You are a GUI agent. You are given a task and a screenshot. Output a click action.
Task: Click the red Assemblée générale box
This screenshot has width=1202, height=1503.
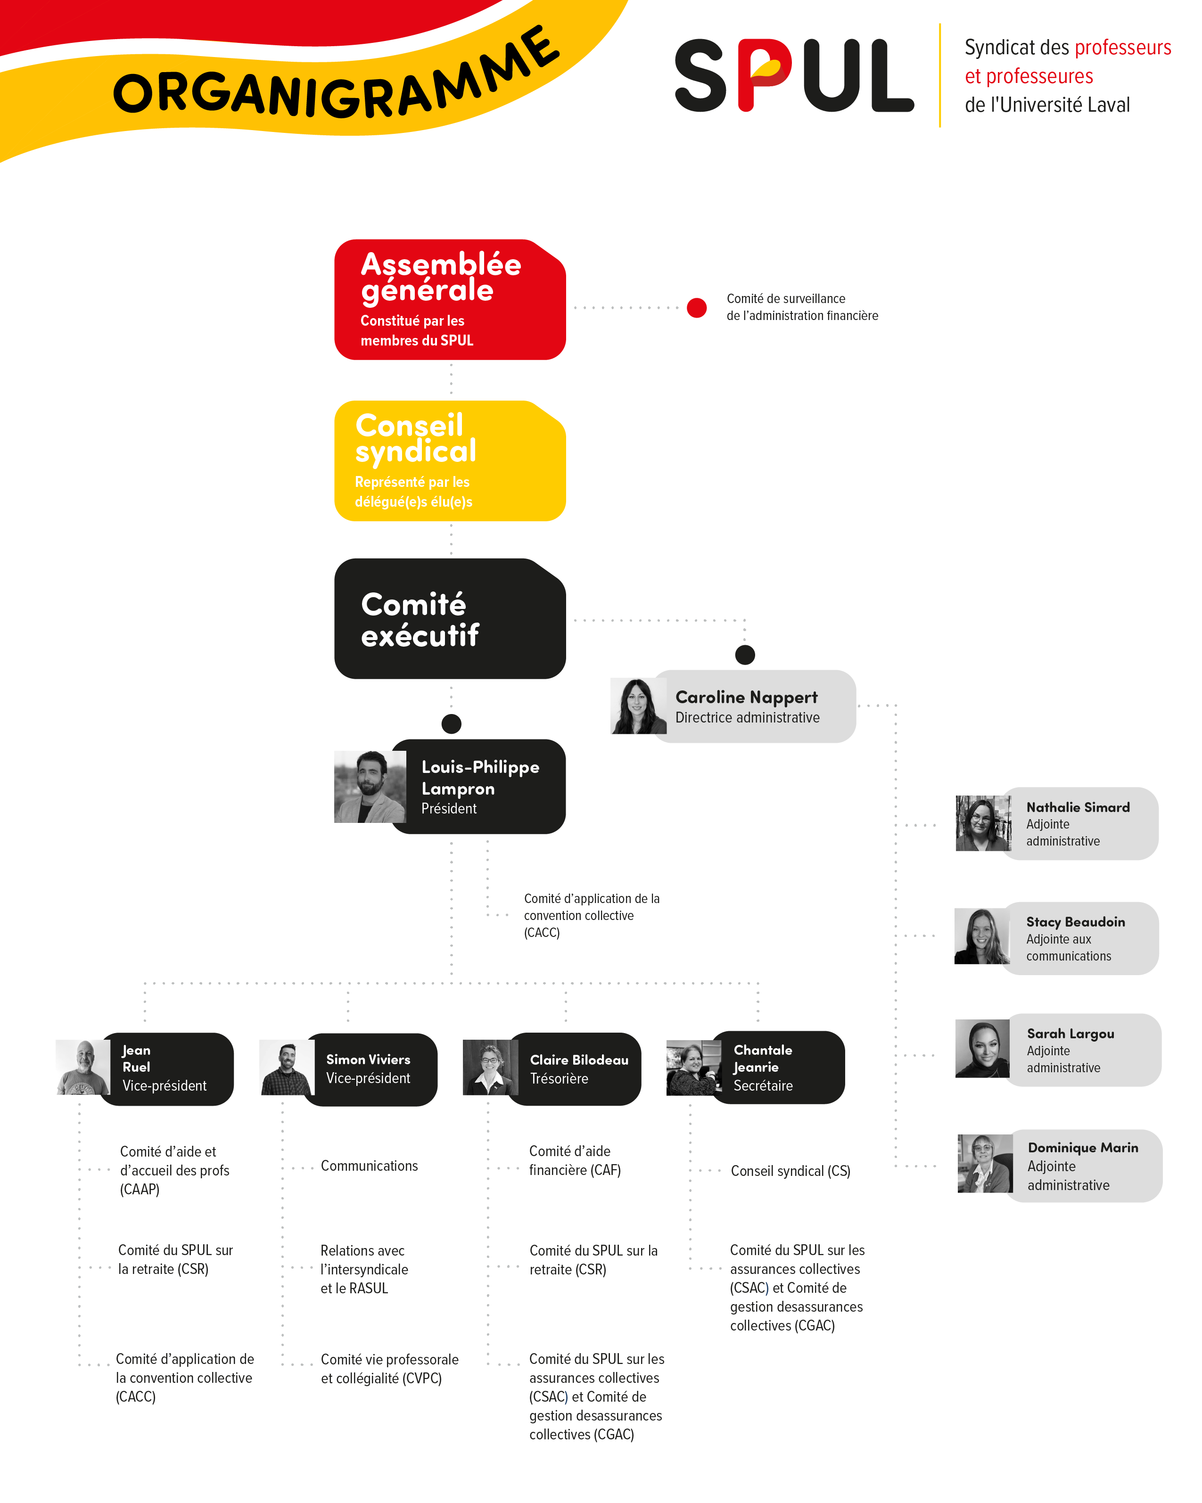[450, 300]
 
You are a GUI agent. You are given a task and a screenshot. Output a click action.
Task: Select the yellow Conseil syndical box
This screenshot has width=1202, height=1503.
[450, 461]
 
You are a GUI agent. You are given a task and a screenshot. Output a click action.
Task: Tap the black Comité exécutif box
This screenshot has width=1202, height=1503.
[450, 618]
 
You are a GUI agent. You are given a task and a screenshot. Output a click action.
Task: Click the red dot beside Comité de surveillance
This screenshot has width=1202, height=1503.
[697, 307]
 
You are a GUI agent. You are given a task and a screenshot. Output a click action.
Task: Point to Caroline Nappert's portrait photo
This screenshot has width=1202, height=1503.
[638, 706]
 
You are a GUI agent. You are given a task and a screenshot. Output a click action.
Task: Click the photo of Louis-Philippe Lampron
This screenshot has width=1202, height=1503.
[370, 786]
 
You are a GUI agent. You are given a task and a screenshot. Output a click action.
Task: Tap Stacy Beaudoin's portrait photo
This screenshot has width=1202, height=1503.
[982, 936]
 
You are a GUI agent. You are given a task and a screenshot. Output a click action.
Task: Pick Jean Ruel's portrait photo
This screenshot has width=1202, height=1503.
[83, 1068]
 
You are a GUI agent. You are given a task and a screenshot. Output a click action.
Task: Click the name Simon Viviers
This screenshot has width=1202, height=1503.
[368, 1059]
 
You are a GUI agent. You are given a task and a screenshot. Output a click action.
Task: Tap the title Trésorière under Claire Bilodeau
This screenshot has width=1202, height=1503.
[559, 1078]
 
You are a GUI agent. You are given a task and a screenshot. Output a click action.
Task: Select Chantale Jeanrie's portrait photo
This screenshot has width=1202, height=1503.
[694, 1068]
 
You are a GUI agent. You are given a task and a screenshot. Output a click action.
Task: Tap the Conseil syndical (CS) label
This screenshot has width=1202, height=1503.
[790, 1171]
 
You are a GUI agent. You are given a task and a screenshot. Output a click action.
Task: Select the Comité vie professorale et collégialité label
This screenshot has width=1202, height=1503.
[390, 1369]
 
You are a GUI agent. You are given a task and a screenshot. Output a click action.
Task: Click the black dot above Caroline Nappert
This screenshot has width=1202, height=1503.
[745, 655]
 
